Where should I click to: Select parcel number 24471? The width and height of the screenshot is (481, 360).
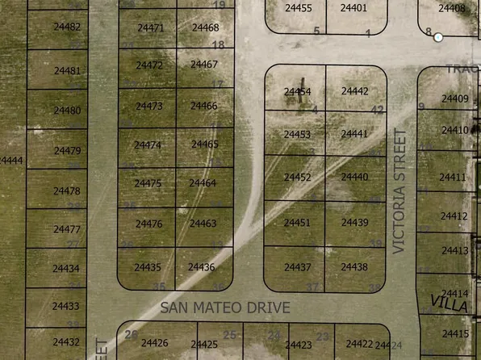(150, 27)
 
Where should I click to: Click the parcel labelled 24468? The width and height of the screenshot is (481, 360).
(205, 27)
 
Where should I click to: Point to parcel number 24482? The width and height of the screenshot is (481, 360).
(66, 27)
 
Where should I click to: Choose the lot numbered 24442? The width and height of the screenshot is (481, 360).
(354, 92)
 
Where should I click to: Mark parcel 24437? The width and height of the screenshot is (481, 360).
(297, 267)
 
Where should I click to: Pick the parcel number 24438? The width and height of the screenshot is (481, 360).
(353, 267)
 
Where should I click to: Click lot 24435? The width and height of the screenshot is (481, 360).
(148, 267)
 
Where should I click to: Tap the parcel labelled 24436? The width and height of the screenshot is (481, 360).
(201, 267)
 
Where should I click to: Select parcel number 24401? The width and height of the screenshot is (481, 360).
(353, 8)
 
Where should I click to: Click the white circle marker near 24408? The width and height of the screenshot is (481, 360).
(438, 37)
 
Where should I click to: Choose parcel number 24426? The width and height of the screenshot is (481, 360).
(154, 344)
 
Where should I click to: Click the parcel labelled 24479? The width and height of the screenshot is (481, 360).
(66, 151)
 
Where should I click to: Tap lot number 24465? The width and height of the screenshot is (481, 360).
(204, 144)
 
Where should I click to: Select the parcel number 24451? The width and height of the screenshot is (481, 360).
(297, 223)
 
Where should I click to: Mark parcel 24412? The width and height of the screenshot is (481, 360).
(454, 216)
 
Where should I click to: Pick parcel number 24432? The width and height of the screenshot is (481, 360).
(66, 342)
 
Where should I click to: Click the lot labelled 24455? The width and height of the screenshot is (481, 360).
(299, 8)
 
